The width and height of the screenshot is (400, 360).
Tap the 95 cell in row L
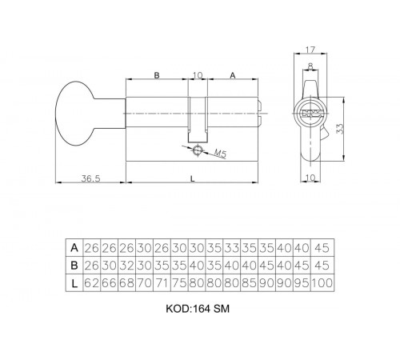pyautogui.click(x=305, y=282)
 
